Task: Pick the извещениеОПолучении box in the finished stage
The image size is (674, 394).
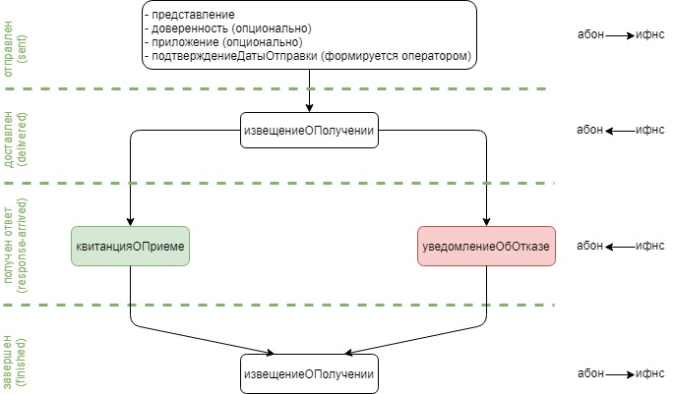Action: [x=309, y=373]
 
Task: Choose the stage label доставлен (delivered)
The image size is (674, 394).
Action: [x=15, y=135]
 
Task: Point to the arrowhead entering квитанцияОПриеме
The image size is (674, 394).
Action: [x=130, y=222]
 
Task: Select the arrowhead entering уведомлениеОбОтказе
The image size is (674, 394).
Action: [x=486, y=222]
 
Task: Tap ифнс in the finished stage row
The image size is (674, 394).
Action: [x=650, y=373]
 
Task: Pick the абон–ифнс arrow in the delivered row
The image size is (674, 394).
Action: [x=620, y=131]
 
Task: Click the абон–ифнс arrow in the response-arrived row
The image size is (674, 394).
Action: [x=620, y=246]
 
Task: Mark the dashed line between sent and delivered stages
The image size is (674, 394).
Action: [x=295, y=89]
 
